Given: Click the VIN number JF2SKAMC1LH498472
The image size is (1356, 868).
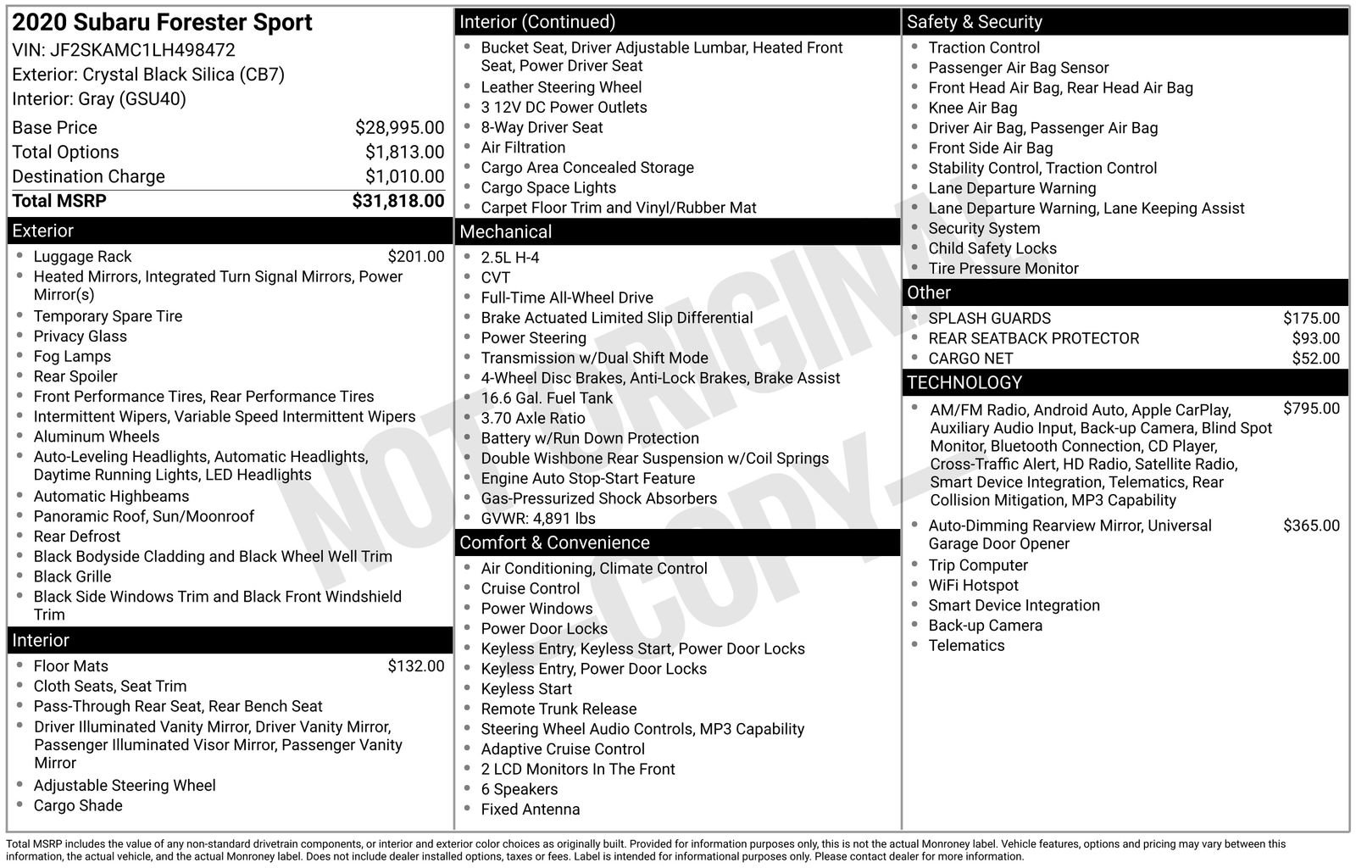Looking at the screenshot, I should [x=142, y=50].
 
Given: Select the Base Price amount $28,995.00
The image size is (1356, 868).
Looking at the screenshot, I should [x=399, y=128].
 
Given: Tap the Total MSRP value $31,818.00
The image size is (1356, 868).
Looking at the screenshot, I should [x=397, y=201].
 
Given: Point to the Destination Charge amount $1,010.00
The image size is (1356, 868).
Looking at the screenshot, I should [x=404, y=176].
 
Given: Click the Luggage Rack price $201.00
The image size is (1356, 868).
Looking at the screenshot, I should [x=415, y=257].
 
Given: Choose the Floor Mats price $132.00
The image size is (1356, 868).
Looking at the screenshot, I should [x=415, y=666].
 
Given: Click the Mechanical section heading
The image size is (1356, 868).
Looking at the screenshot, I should [x=506, y=231].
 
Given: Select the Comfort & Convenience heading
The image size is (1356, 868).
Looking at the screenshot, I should [x=554, y=542].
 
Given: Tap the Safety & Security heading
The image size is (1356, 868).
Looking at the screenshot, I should [x=974, y=22].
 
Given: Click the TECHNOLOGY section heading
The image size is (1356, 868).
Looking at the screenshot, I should [x=964, y=382].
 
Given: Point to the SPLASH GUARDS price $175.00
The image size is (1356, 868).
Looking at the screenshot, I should [x=1311, y=319].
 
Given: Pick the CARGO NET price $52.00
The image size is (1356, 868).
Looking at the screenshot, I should [x=1315, y=359].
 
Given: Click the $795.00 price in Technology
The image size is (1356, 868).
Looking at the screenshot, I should [x=1311, y=409].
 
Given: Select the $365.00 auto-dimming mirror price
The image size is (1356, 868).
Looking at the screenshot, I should [x=1311, y=526].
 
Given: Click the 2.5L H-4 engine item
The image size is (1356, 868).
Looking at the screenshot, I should [x=510, y=258].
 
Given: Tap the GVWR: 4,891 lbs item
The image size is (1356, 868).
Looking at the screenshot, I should [x=538, y=519].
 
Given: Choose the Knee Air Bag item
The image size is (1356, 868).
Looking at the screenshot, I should [x=972, y=108].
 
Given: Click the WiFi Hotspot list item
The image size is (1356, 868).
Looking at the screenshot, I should [x=973, y=586].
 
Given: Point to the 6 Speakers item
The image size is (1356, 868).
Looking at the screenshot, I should [x=520, y=789].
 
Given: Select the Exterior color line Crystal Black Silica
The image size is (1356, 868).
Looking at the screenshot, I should [x=148, y=75].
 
